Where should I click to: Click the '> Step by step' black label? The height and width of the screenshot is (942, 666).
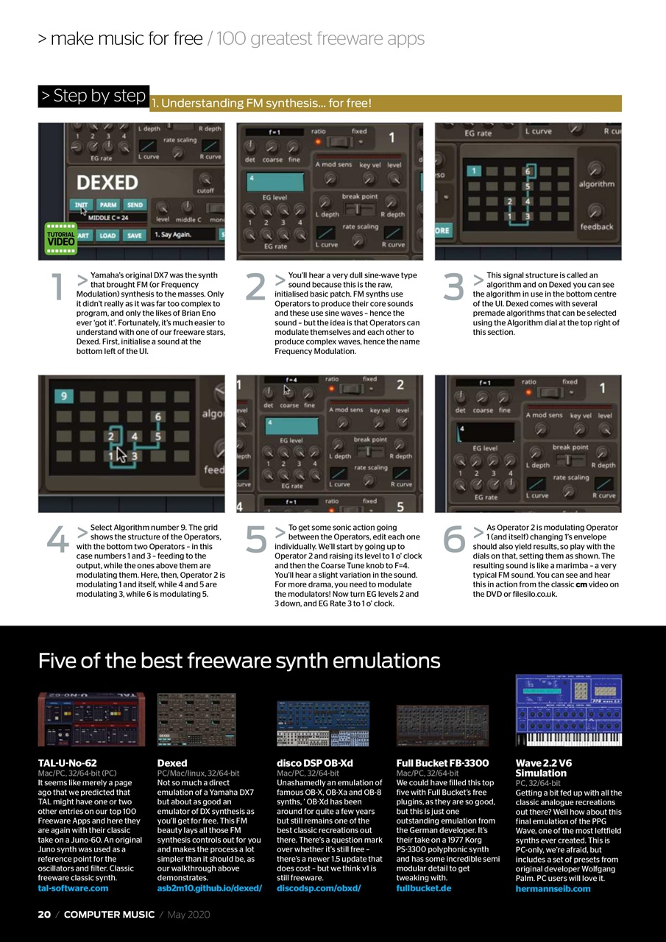pyautogui.click(x=93, y=96)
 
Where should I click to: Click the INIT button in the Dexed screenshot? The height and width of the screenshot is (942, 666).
pyautogui.click(x=81, y=205)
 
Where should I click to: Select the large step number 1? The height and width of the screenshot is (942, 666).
pyautogui.click(x=57, y=288)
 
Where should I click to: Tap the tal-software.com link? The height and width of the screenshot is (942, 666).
pyautogui.click(x=73, y=888)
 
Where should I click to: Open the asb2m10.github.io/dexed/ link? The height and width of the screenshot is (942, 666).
pyautogui.click(x=209, y=888)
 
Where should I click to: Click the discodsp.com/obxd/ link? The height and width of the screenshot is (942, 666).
pyautogui.click(x=319, y=888)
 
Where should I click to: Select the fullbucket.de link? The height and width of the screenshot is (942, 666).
pyautogui.click(x=423, y=888)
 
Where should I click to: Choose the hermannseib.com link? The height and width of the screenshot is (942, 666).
pyautogui.click(x=553, y=889)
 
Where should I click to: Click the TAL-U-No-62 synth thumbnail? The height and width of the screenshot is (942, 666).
pyautogui.click(x=91, y=719)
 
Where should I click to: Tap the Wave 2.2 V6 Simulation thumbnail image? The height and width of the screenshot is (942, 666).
pyautogui.click(x=568, y=709)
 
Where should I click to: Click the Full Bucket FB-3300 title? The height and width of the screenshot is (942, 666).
pyautogui.click(x=442, y=763)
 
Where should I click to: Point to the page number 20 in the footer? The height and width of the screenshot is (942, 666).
pyautogui.click(x=44, y=915)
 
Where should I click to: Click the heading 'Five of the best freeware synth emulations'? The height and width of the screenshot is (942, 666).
pyautogui.click(x=239, y=660)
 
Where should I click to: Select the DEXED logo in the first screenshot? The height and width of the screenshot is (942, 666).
pyautogui.click(x=107, y=182)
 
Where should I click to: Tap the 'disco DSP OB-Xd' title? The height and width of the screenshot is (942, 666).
pyautogui.click(x=314, y=763)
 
